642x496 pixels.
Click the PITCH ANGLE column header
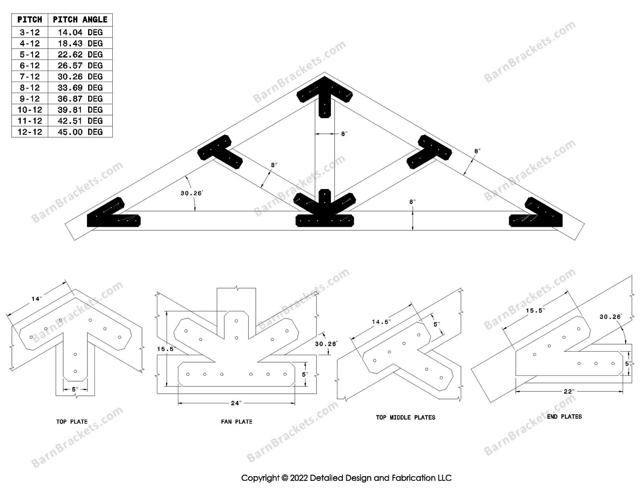80,20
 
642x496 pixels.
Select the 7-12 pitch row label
30,77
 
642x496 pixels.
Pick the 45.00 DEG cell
80,132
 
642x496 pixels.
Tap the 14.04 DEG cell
80,32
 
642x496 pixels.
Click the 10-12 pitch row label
30,110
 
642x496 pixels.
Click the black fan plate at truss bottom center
325,214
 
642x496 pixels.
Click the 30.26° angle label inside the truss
191,193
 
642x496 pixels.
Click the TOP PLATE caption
72,422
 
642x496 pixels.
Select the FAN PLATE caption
236,422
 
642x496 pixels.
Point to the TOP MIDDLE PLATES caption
405,418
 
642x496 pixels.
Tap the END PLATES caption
564,416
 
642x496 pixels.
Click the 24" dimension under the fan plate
236,403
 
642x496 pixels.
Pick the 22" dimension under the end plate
569,392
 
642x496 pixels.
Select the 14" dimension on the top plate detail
36,299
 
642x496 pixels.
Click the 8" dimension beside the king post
344,134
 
